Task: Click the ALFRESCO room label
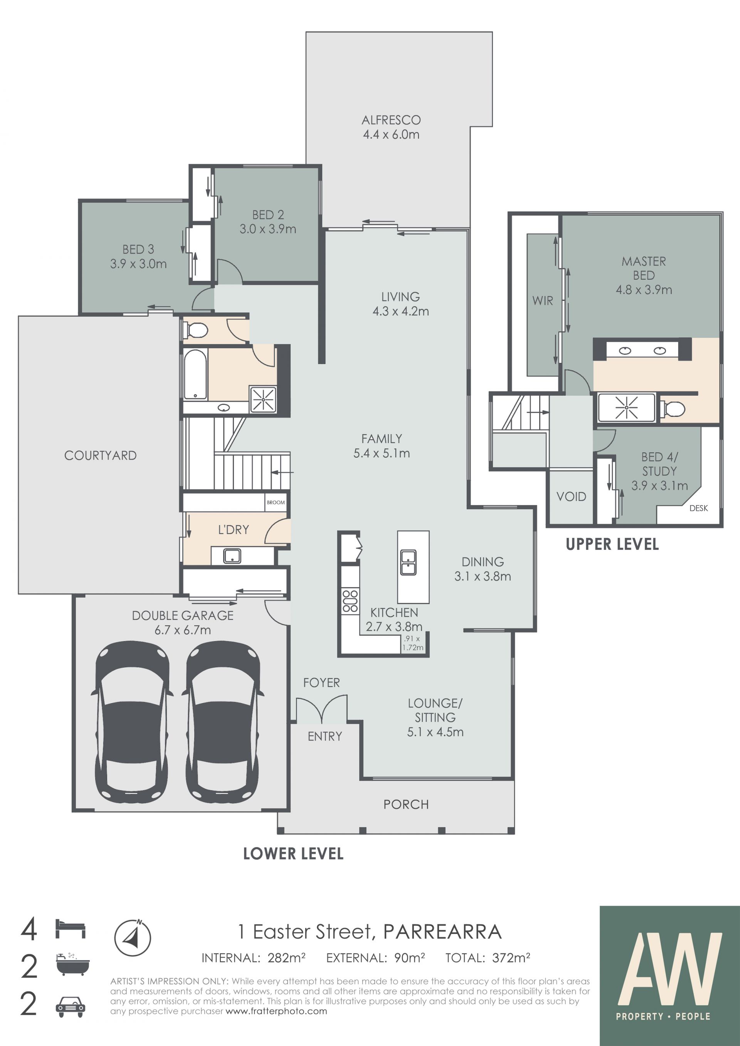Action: coord(391,120)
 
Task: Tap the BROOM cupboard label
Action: coord(276,502)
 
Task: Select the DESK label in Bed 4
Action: coord(698,508)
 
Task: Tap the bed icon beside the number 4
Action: coord(70,928)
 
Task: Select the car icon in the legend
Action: coord(70,1007)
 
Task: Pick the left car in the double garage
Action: coord(132,722)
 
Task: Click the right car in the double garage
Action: coord(223,722)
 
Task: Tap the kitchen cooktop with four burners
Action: coord(350,601)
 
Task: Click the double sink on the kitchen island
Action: coord(408,562)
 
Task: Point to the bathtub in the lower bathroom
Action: coord(195,374)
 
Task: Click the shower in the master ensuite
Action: coord(627,407)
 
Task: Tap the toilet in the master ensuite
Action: coord(673,409)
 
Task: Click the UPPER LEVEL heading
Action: coord(612,544)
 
